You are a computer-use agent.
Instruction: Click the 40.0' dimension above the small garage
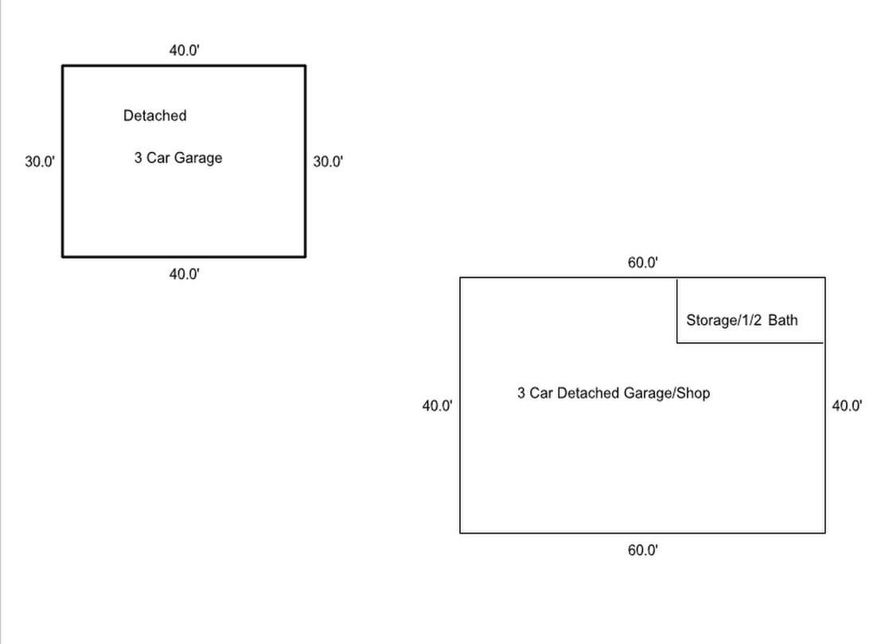coord(184,50)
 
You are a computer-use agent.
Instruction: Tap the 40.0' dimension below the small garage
coord(184,275)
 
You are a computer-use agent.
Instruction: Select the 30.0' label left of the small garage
coord(40,162)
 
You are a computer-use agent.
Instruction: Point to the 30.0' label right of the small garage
coord(328,162)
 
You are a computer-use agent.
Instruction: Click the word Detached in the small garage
coord(154,115)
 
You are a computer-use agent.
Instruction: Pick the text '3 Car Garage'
coord(177,158)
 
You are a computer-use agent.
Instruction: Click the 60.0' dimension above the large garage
coord(643,263)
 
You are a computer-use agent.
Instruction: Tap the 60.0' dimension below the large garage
coord(643,550)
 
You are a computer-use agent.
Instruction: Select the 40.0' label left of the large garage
coord(437,406)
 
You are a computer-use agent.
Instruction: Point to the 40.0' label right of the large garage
coord(847,406)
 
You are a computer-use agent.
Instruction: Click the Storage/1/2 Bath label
coord(742,320)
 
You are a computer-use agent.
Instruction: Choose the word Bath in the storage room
coord(782,320)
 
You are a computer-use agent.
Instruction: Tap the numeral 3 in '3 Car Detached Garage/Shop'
coord(521,393)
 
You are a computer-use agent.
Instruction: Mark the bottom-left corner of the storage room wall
coord(677,342)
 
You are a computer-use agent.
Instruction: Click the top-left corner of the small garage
coord(63,66)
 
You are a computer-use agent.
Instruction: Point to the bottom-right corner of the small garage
coord(306,256)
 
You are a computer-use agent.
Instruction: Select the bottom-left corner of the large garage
coord(460,533)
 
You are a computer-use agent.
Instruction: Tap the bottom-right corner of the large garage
coord(825,533)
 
